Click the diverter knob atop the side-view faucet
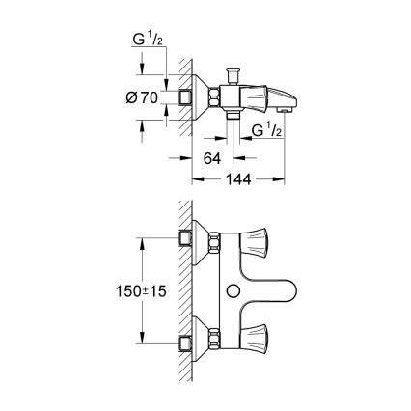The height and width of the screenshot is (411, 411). (x=233, y=73)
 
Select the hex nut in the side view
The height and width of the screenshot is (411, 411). (x=212, y=96)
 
